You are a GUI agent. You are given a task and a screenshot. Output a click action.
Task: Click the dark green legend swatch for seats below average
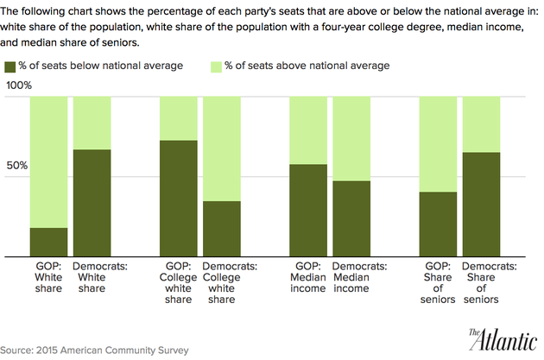click(10, 66)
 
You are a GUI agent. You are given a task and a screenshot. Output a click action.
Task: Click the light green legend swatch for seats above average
click(216, 66)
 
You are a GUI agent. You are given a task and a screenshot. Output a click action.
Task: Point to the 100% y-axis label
click(19, 85)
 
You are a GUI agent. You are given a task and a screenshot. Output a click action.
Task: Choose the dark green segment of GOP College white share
click(179, 199)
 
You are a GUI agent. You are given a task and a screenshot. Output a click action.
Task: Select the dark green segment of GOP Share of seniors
click(438, 224)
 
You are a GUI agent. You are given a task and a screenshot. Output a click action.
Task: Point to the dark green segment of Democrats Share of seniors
click(481, 204)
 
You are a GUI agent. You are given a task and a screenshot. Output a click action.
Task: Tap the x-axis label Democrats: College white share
click(222, 283)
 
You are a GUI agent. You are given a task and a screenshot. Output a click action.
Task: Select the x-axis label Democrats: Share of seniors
click(481, 283)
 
